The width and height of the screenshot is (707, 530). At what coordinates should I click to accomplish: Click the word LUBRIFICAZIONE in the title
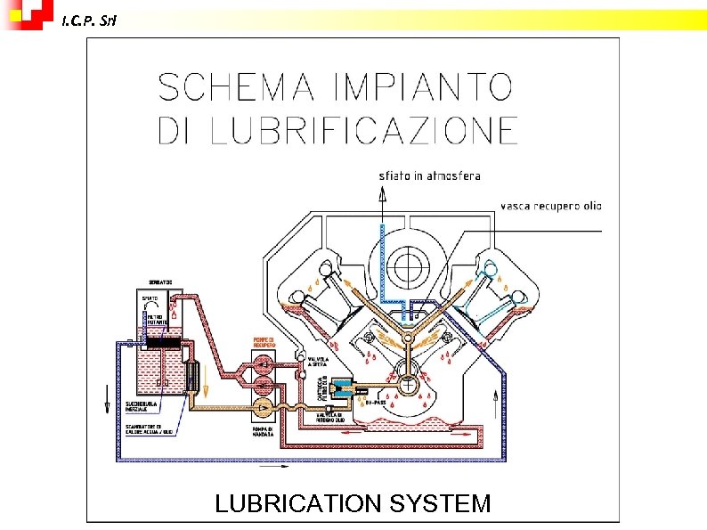click(x=364, y=130)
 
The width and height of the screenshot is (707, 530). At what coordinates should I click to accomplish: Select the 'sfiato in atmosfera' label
click(x=429, y=175)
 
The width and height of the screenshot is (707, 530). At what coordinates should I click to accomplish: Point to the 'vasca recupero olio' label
click(x=550, y=206)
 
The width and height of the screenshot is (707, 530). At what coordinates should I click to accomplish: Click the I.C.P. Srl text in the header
click(x=88, y=20)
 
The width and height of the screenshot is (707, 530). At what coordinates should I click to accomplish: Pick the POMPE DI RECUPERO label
click(x=264, y=342)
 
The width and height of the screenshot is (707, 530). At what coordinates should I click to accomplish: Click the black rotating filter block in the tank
click(x=162, y=342)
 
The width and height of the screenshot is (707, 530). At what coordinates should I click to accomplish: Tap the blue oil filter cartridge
click(x=340, y=388)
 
